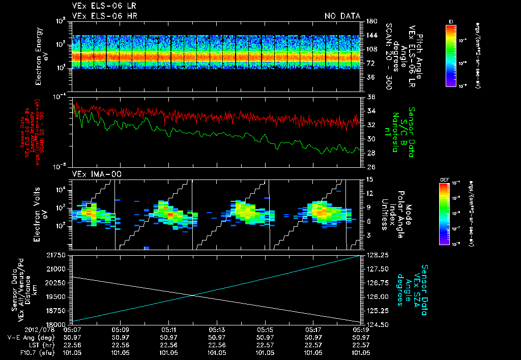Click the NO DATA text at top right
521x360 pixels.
342,16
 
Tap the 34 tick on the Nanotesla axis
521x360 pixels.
371,111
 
